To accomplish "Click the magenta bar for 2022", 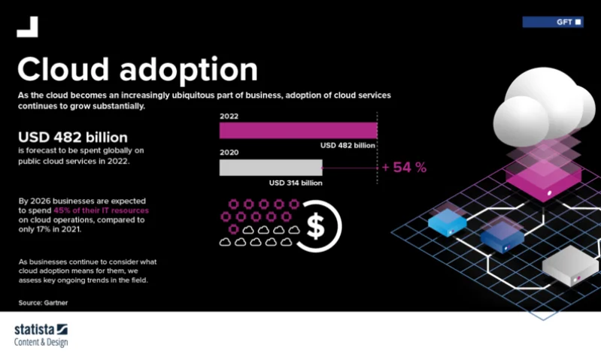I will click(298, 130).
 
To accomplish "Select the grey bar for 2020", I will click(270, 167).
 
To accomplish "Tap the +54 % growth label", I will click(403, 168).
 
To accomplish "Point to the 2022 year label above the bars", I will click(229, 116).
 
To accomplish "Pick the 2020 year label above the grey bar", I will click(229, 153).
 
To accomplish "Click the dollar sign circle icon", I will click(317, 223).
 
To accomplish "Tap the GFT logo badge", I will click(553, 22).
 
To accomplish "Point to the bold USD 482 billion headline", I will click(73, 138).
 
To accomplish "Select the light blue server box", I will click(448, 221).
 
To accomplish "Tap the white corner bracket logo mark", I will click(27, 26).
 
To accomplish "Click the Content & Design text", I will click(41, 343).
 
